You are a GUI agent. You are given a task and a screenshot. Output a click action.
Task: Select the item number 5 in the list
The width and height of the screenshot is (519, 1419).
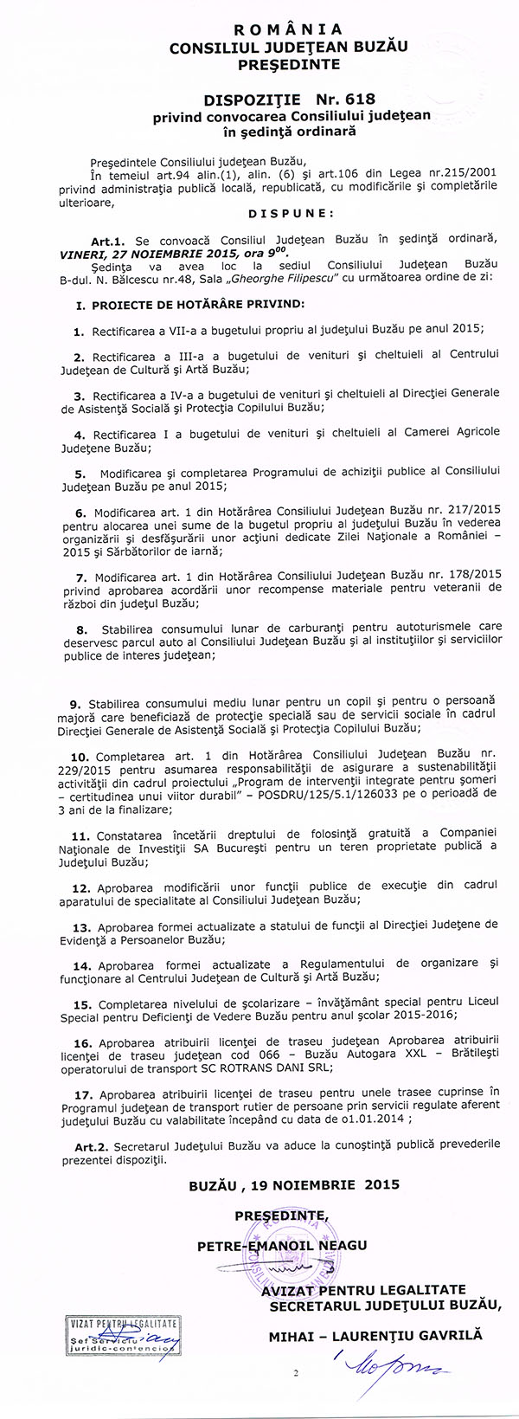pos(80,474)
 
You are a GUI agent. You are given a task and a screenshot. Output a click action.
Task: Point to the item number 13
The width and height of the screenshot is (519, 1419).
pos(82,927)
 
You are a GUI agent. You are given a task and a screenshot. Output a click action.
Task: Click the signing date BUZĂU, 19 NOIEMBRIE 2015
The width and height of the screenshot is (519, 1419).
pos(293,1184)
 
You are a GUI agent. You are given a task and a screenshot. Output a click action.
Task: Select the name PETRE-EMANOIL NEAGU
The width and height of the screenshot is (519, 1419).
pos(281,1245)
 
